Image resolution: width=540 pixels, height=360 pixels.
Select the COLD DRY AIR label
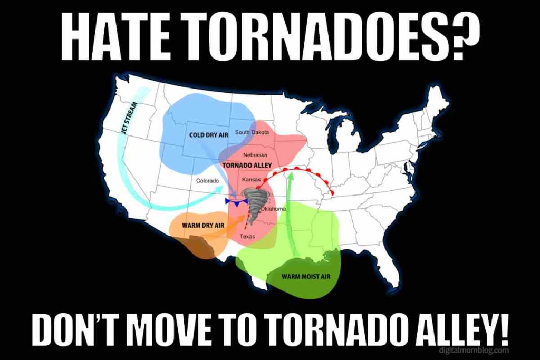208,135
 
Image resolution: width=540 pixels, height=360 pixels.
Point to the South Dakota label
252,132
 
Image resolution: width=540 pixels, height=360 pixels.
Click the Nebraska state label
255,155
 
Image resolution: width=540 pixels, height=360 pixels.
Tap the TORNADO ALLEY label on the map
247,165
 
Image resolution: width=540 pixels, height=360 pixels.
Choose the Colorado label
207,181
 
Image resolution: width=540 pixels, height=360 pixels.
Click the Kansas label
251,180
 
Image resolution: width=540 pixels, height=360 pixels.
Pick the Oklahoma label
273,209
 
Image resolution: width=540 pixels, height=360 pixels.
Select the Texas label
247,237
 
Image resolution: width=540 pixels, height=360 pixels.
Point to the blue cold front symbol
235,202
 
